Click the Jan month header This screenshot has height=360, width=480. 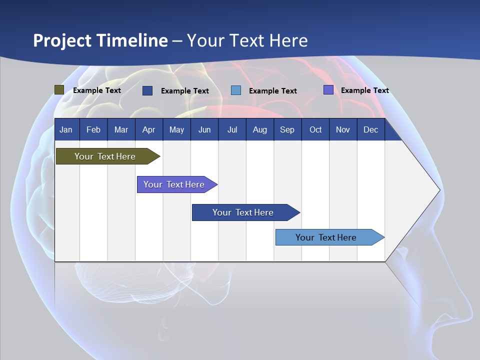click(66, 129)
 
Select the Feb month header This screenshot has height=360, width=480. click(93, 129)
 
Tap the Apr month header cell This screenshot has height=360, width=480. click(149, 129)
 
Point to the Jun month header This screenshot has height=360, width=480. click(204, 129)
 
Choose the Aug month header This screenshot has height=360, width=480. click(260, 129)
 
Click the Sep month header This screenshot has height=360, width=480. click(287, 129)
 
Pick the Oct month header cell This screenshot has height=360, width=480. click(315, 129)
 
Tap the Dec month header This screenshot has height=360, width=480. click(371, 129)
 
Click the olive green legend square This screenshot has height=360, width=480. click(59, 90)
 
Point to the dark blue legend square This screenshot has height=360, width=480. click(147, 90)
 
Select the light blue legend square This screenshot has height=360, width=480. click(236, 90)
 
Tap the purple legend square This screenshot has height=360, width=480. click(328, 90)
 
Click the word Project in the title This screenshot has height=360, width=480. click(62, 40)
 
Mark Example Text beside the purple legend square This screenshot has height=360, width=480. click(364, 90)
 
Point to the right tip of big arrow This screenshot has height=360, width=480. click(439, 190)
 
